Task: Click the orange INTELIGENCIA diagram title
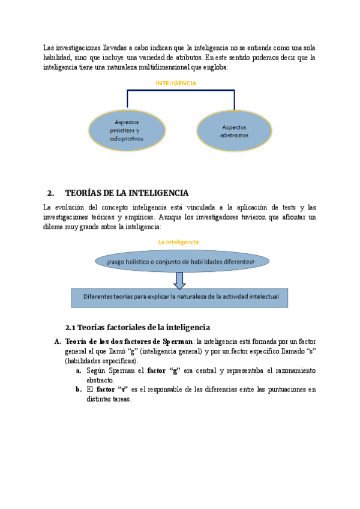pyautogui.click(x=175, y=83)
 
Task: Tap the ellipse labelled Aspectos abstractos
pyautogui.click(x=233, y=131)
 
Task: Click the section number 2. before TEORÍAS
pyautogui.click(x=50, y=193)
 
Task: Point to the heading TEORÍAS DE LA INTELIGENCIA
pyautogui.click(x=127, y=193)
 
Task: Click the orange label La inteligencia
pyautogui.click(x=178, y=242)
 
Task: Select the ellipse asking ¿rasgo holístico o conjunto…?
pyautogui.click(x=180, y=262)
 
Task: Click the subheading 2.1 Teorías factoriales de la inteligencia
pyautogui.click(x=137, y=327)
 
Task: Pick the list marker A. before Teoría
pyautogui.click(x=58, y=342)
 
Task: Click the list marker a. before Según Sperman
pyautogui.click(x=79, y=370)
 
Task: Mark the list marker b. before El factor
pyautogui.click(x=79, y=389)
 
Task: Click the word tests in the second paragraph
pyautogui.click(x=285, y=207)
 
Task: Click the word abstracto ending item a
pyautogui.click(x=100, y=380)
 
